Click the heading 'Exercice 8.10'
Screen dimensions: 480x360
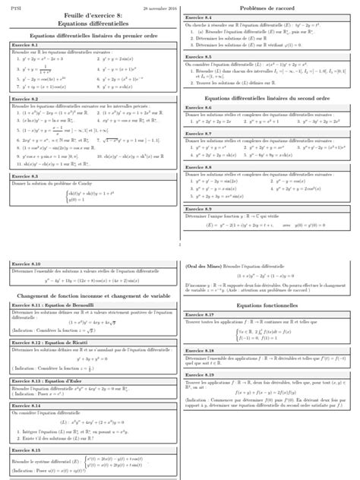(x=27, y=264)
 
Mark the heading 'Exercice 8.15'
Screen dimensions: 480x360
(x=27, y=450)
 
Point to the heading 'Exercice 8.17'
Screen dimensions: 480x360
(x=199, y=314)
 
